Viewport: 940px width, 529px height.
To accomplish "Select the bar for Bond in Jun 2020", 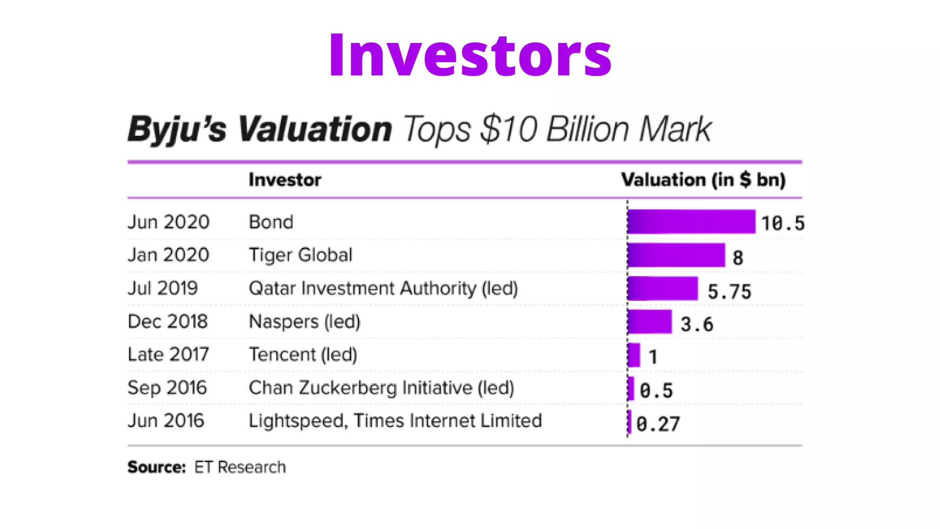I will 691,222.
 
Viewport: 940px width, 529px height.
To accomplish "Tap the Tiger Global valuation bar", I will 676,255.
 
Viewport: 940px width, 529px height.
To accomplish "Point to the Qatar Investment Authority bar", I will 662,288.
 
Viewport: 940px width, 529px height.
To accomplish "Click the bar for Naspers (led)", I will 649,321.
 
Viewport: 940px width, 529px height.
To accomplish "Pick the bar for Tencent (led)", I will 634,355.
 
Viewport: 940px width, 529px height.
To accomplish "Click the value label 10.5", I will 783,224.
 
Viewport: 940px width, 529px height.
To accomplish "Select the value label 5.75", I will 729,292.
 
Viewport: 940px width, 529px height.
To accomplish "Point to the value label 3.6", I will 697,325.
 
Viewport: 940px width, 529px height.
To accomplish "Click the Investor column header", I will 285,180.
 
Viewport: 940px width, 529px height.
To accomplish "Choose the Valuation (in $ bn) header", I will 703,180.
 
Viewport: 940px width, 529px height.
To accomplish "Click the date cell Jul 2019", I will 162,288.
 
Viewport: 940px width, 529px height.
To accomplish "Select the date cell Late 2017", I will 168,355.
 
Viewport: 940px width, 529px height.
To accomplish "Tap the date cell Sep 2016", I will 167,388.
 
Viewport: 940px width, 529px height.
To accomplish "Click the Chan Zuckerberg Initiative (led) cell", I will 381,388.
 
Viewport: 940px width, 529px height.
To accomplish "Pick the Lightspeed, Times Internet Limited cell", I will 395,421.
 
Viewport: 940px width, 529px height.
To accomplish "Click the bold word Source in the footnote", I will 156,467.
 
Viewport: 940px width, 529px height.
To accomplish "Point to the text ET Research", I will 240,467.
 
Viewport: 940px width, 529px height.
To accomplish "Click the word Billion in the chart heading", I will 587,129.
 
